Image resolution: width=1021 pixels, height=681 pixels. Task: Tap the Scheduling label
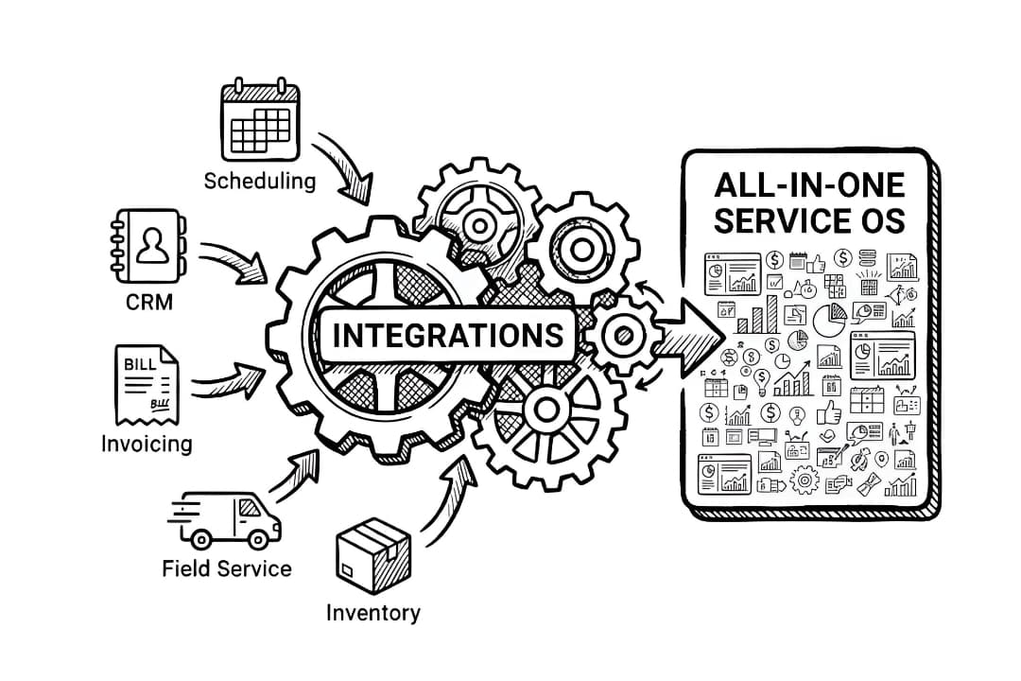click(x=260, y=181)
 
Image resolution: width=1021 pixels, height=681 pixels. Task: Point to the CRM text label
click(x=149, y=305)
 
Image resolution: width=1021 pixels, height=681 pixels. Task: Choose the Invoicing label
click(x=147, y=443)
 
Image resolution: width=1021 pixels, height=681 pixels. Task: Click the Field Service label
click(x=227, y=568)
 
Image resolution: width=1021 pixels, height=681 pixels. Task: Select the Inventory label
click(x=372, y=612)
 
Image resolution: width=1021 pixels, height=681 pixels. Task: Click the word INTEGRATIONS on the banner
click(x=447, y=335)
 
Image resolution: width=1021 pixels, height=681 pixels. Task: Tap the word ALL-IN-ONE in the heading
click(x=810, y=183)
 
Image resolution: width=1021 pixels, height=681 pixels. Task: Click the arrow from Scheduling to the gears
click(x=346, y=165)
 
